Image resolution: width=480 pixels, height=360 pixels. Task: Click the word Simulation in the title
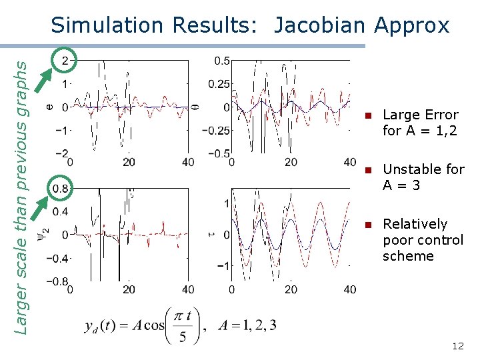(107, 25)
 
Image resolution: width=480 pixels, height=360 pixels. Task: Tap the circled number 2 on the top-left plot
(65, 61)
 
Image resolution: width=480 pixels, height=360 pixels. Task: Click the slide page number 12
(457, 346)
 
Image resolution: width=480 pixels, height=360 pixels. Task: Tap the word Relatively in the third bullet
(415, 224)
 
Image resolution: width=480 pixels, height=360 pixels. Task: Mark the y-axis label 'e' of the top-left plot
(49, 105)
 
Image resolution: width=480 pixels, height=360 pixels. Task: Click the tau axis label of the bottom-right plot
(211, 234)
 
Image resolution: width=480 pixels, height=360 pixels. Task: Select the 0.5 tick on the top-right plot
(222, 61)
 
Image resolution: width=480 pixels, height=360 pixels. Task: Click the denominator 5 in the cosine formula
(183, 338)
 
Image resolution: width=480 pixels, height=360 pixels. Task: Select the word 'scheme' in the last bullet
(408, 256)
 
